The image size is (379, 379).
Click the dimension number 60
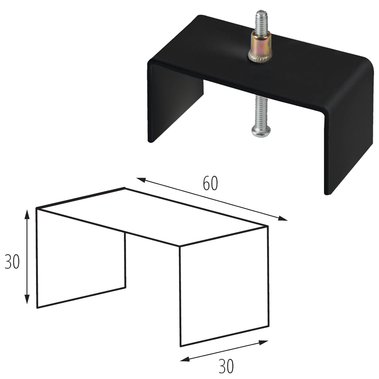(x=210, y=184)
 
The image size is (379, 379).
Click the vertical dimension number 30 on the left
(x=12, y=262)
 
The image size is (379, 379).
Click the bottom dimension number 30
(x=226, y=366)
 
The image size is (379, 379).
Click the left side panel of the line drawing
(x=81, y=259)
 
